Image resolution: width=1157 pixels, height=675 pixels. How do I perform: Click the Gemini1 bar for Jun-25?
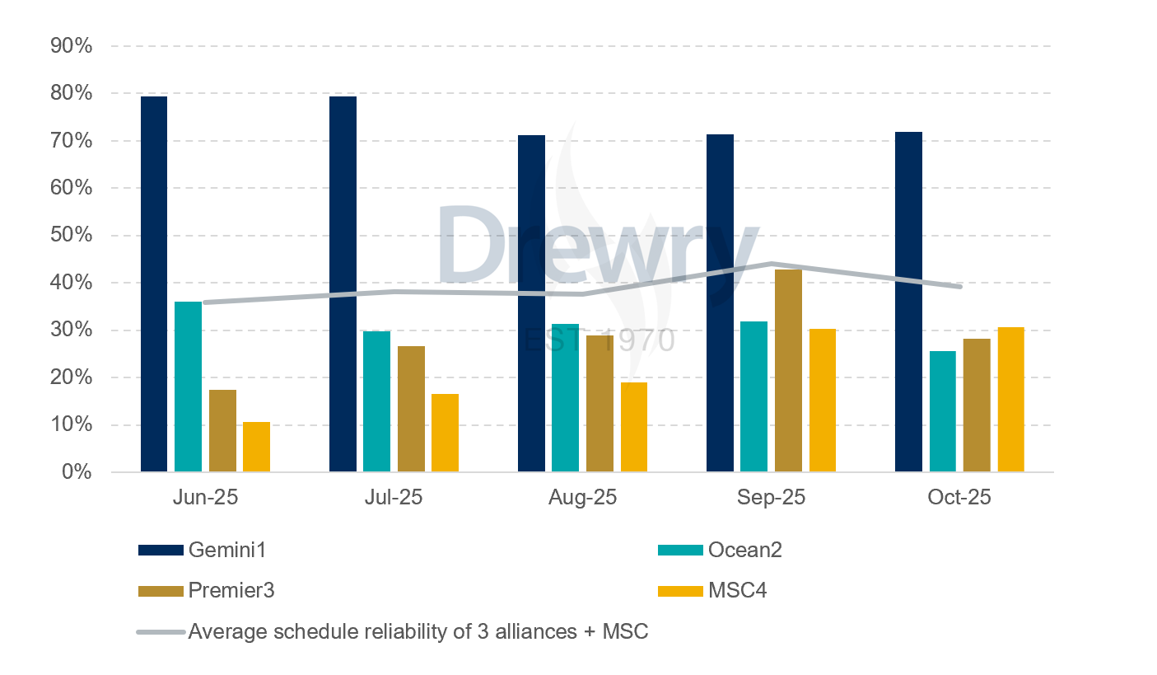point(154,284)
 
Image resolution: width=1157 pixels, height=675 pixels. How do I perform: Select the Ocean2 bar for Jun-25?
point(188,387)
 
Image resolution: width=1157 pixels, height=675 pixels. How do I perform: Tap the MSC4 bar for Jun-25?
point(256,447)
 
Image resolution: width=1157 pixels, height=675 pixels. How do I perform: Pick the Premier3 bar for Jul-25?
point(411,409)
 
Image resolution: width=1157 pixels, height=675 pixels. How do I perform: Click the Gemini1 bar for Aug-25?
point(531,303)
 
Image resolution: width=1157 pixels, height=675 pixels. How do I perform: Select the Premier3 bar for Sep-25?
point(788,371)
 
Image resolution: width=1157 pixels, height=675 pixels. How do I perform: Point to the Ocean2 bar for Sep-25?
point(753,396)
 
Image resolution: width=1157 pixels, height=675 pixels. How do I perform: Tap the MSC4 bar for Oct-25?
point(1010,400)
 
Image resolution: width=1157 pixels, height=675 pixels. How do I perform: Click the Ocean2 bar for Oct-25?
point(943,411)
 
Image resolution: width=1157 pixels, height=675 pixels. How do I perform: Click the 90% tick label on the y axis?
point(72,46)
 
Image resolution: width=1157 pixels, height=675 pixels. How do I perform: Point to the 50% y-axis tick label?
point(72,236)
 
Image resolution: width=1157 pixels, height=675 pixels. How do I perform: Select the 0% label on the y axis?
point(77,472)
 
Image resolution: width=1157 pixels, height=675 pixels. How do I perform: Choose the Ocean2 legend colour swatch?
point(680,551)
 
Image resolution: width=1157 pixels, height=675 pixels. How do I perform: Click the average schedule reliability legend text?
point(418,632)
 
